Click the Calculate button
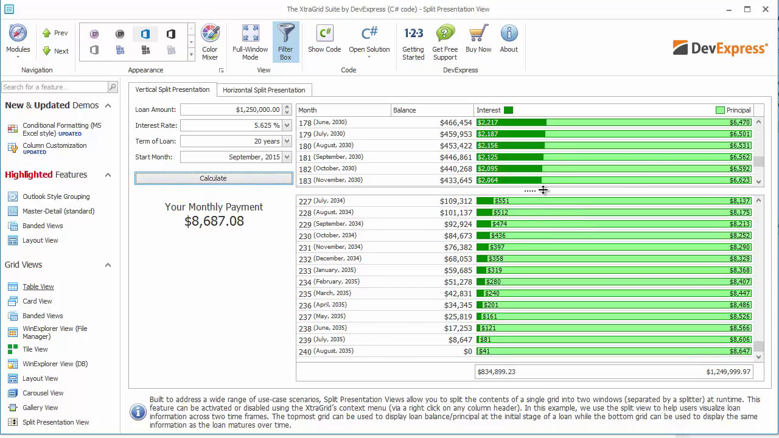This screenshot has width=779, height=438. click(213, 178)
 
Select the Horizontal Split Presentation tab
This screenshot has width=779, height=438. click(264, 90)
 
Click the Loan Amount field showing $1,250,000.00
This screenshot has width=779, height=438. click(231, 109)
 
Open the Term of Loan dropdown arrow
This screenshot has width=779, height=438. click(287, 141)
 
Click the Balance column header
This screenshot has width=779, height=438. click(432, 110)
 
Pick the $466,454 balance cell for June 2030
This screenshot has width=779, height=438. click(456, 122)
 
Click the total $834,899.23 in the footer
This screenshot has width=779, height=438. click(497, 372)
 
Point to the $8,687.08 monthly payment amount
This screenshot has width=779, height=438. click(214, 221)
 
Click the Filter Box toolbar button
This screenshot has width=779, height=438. click(285, 42)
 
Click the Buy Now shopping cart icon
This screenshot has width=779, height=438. click(478, 34)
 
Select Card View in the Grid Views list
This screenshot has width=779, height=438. click(37, 301)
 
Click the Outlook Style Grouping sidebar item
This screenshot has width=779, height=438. click(55, 196)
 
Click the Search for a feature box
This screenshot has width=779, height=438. click(55, 87)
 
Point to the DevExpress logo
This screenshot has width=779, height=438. click(720, 49)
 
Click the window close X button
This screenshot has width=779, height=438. click(766, 9)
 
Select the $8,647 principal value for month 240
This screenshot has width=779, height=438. click(739, 351)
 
